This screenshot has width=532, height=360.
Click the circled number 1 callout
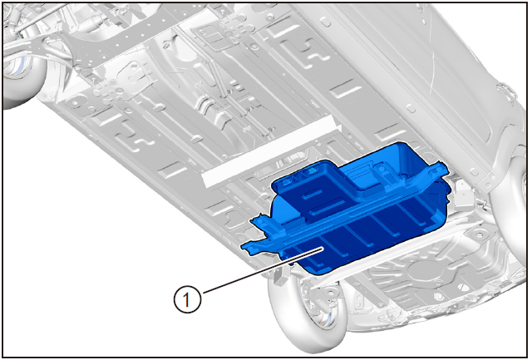[187, 299]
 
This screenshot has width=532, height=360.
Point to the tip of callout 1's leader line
[322, 248]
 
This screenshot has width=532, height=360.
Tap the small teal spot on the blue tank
[310, 173]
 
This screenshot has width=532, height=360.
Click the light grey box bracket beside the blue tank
[462, 195]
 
